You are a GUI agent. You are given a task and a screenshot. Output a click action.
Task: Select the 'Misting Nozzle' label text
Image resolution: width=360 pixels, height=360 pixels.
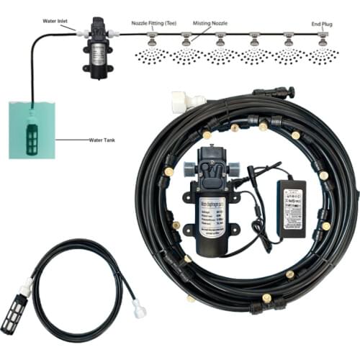click(x=210, y=22)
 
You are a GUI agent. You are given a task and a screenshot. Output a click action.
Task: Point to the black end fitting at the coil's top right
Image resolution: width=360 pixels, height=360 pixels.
click(x=282, y=92)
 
